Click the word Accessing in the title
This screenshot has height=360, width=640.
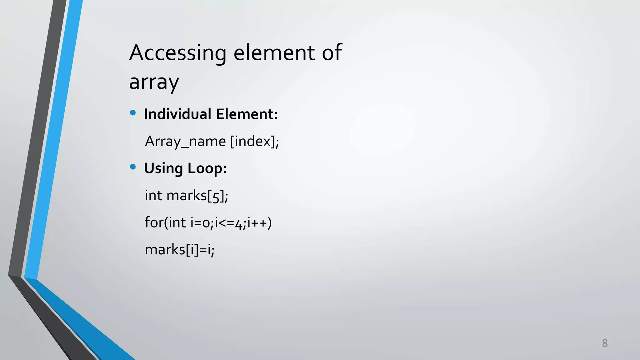(177, 53)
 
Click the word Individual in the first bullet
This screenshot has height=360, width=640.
(177, 114)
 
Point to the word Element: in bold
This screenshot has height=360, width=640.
(247, 114)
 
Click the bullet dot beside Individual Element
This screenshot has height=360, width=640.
(133, 113)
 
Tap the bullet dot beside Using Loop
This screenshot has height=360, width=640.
(133, 167)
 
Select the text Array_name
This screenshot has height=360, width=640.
(185, 142)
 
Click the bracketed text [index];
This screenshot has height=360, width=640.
(254, 142)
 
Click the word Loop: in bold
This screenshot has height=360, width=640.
(207, 168)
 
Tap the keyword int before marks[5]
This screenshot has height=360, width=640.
(153, 196)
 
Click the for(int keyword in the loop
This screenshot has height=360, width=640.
(165, 223)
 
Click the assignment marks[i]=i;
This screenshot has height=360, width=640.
(180, 250)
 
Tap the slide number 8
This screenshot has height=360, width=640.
(605, 343)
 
